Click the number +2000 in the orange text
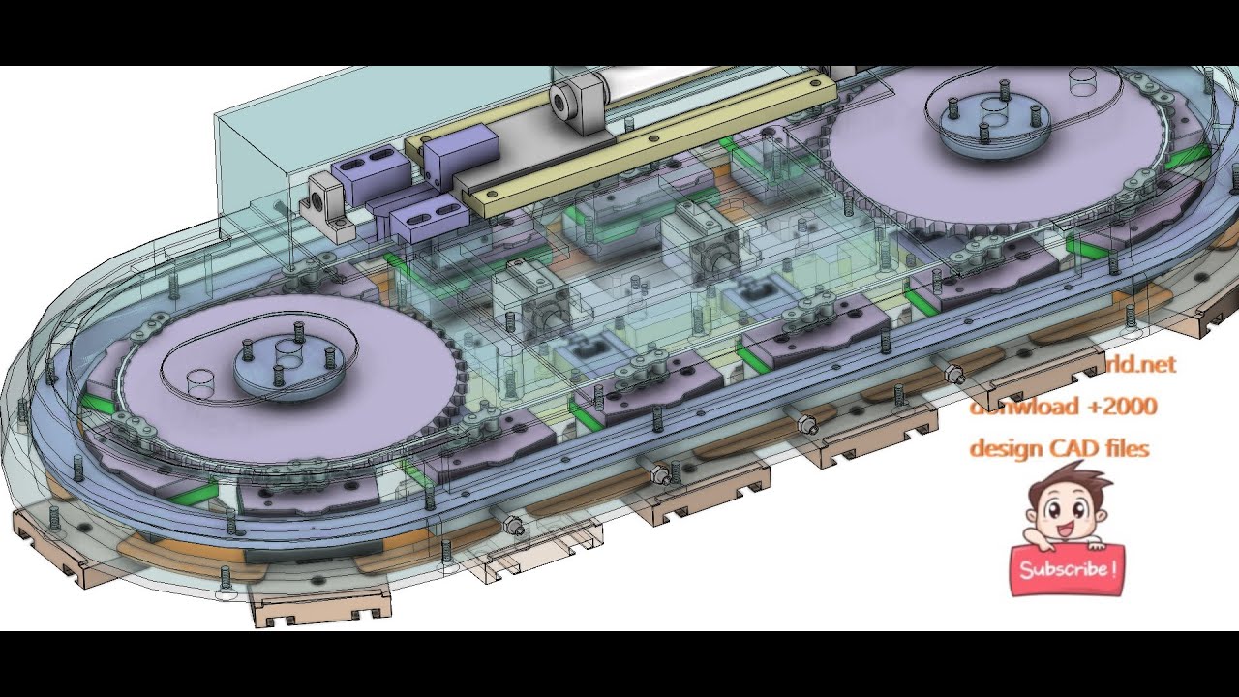click(1121, 407)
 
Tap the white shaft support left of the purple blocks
click(327, 203)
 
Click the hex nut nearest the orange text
click(953, 373)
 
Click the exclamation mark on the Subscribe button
click(1116, 567)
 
